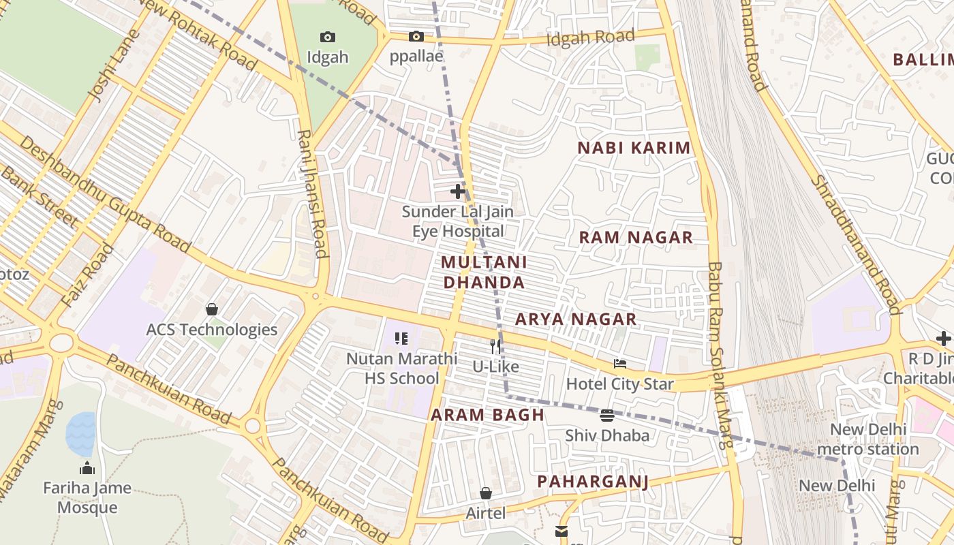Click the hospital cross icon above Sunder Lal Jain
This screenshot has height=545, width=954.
coord(458,191)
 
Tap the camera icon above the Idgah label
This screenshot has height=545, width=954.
coord(328,37)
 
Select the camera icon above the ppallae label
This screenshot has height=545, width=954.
coord(416,36)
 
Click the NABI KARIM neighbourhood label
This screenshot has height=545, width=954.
coord(634,148)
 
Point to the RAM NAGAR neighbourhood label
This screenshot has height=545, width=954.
coord(636,238)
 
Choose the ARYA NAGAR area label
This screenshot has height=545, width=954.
coord(576,319)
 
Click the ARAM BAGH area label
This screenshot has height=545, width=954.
coord(487,415)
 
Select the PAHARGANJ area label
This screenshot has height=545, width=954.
coord(592,482)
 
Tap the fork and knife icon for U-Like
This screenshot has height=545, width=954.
coord(495,347)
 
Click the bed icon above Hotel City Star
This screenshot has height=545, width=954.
coord(619,364)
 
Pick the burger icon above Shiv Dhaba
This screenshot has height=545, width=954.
coord(607,415)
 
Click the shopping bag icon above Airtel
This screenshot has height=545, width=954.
coord(486,493)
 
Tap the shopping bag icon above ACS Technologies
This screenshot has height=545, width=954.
coord(212,309)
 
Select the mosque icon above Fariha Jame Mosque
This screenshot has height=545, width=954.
coord(87,468)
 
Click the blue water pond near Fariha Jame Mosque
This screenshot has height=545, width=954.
coord(80,434)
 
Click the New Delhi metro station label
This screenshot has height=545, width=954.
coord(867,439)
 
